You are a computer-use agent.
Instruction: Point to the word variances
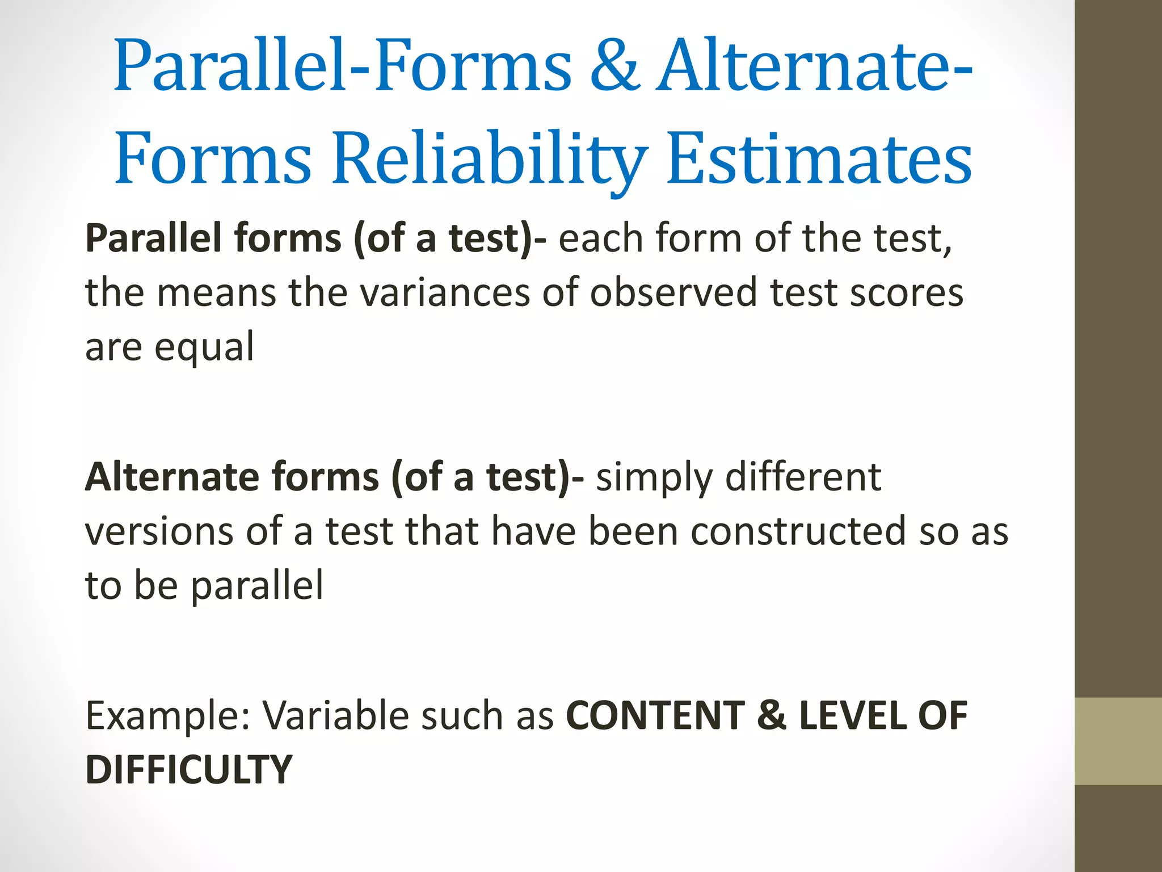[x=444, y=293]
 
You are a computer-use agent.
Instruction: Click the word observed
[x=673, y=293]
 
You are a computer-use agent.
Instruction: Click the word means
[x=216, y=293]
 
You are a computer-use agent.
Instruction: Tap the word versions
[x=159, y=532]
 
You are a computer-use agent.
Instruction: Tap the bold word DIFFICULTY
[x=188, y=770]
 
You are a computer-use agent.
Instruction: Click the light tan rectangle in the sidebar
[x=1118, y=741]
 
